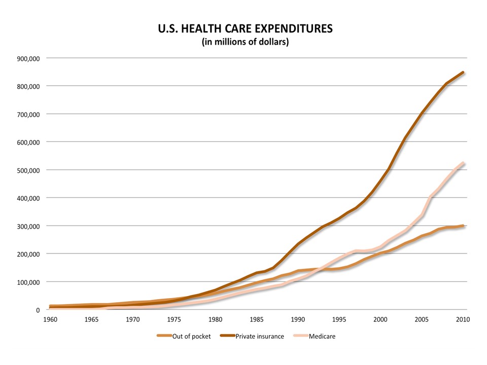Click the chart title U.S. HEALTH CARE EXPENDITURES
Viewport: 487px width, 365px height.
(246, 28)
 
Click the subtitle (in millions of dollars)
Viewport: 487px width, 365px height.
(246, 42)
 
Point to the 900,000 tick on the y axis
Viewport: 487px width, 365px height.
(29, 58)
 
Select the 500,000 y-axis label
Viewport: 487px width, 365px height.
(29, 170)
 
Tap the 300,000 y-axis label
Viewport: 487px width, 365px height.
(29, 226)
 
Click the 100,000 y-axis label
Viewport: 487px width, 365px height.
(29, 282)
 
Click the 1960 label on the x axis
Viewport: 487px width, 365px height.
(50, 319)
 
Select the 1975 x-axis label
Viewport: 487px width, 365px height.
(174, 319)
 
